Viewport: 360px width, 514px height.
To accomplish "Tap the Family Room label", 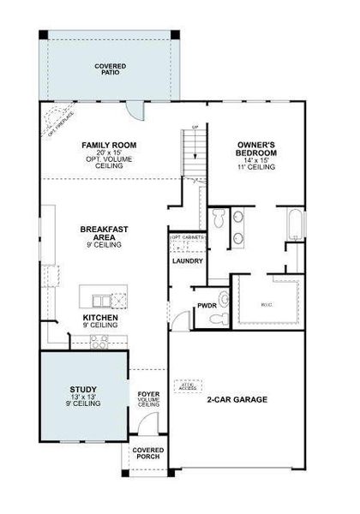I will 109,146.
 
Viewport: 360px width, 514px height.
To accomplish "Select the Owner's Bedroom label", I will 255,146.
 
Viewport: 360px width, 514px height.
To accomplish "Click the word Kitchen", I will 99,318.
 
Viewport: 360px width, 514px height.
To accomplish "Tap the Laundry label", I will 187,260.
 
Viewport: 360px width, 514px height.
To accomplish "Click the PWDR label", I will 207,304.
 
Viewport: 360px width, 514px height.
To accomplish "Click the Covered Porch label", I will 148,453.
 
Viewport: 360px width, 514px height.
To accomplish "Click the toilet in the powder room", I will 225,300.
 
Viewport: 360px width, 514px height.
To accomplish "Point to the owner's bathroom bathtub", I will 294,225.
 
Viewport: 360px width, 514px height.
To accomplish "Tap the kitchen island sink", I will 102,300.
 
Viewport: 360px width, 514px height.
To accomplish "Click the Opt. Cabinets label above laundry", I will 185,237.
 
